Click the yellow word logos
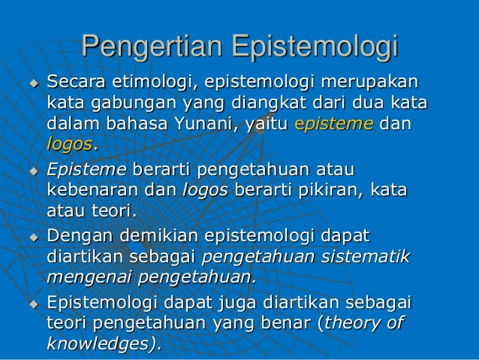69,144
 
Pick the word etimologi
155,81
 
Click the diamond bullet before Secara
32,82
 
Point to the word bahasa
129,123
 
